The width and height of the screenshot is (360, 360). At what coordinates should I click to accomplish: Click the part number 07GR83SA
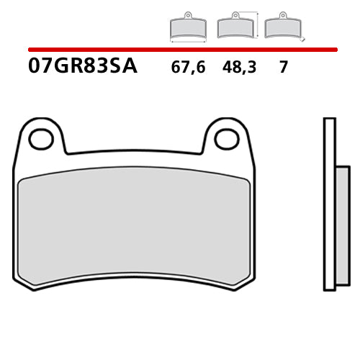(83, 68)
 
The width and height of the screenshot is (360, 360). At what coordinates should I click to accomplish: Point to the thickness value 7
(284, 68)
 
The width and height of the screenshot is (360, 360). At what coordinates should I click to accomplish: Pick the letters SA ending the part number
(123, 68)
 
